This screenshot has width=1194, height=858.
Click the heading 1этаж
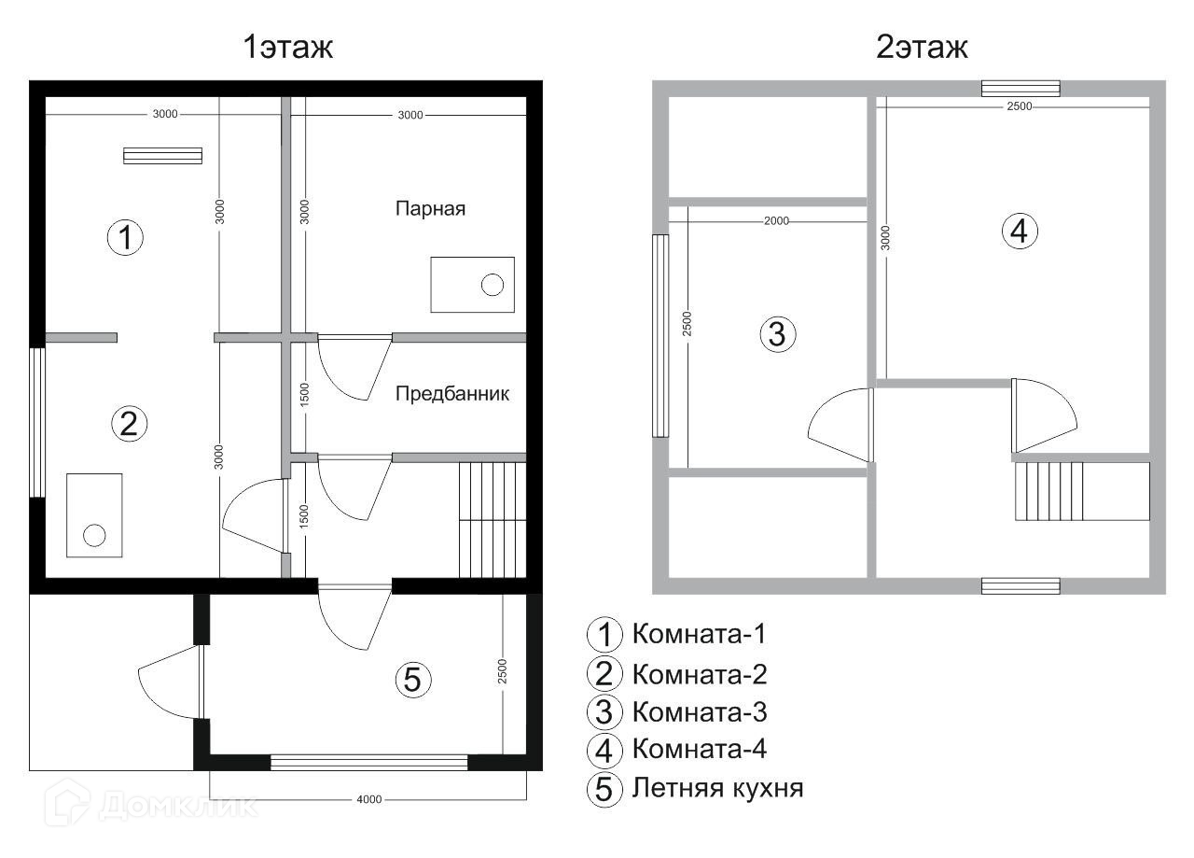coord(288,47)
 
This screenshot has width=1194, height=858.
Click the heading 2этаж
coord(922,47)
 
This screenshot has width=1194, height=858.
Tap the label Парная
coord(430,208)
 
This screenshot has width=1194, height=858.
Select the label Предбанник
coord(452,393)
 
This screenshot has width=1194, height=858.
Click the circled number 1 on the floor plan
coord(125,237)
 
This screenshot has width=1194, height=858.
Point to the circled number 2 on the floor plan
coord(129,424)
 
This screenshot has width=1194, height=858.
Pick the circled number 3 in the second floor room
coord(778,334)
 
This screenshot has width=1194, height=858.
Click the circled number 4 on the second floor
coord(1020,232)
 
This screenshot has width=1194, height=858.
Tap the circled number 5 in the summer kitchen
coord(413,680)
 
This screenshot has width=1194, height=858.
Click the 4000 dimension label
coord(368,799)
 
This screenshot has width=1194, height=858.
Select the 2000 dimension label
coord(776,221)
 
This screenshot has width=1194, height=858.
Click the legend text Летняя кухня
coord(717,788)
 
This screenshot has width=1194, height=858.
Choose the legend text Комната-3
coord(700,711)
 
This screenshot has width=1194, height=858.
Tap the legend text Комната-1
coord(699,634)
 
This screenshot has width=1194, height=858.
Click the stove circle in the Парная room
coord(492,285)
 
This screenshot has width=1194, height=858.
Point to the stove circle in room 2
coord(94,535)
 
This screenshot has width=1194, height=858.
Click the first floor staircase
coord(493,520)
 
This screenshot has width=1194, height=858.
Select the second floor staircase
coord(1082,491)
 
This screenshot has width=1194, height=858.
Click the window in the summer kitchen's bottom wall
coord(368,762)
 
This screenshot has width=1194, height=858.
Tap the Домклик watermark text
coord(178,806)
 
